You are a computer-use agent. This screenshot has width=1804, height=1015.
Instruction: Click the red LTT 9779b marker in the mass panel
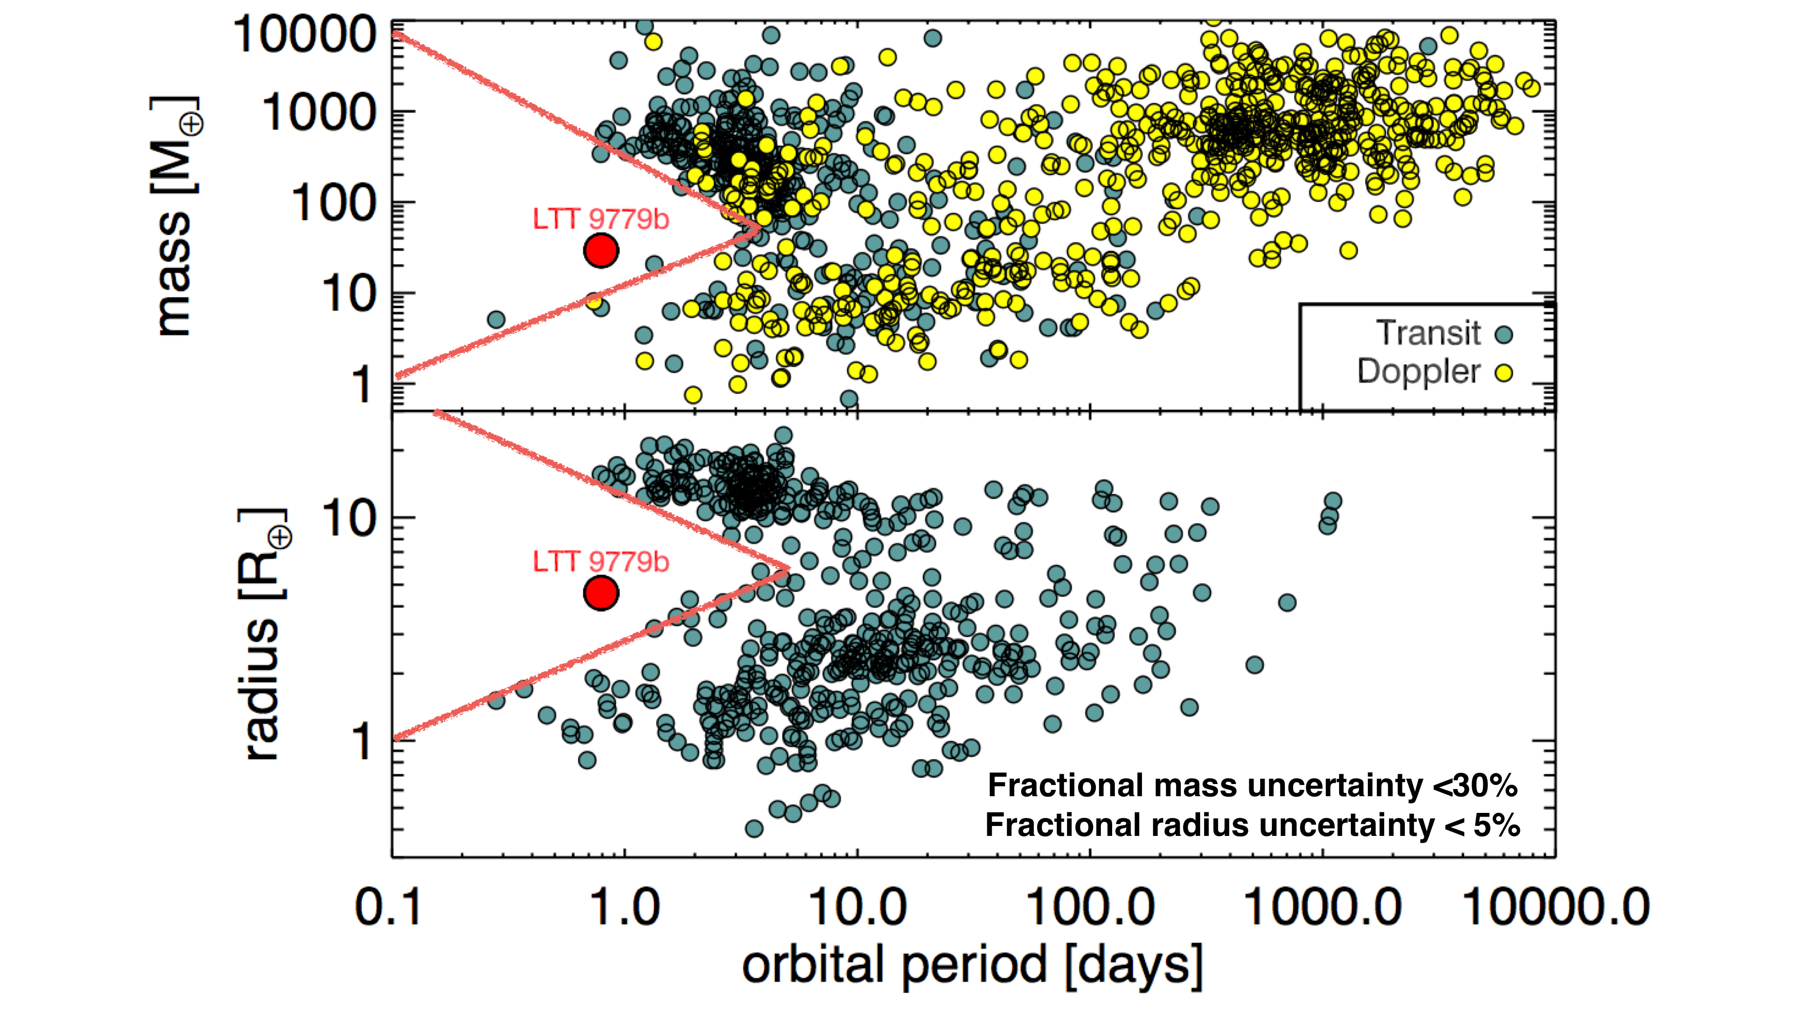click(601, 250)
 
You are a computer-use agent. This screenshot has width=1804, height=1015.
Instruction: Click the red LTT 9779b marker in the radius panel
click(601, 593)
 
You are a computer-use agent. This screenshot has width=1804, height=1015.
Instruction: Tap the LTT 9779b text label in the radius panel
click(601, 562)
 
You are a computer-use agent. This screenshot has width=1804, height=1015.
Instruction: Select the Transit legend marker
click(1504, 334)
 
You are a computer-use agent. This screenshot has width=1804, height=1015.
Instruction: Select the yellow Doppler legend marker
click(1504, 373)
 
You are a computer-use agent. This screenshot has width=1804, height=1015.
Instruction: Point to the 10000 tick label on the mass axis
click(305, 35)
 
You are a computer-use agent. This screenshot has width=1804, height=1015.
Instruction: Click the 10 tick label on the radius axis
click(349, 519)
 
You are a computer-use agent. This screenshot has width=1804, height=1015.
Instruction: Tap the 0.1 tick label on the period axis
click(389, 908)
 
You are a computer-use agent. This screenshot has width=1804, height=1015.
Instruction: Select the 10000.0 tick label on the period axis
click(1556, 908)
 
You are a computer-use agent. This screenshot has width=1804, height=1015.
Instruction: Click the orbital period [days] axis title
click(972, 966)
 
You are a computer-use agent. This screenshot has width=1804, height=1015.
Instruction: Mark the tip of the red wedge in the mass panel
click(759, 228)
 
